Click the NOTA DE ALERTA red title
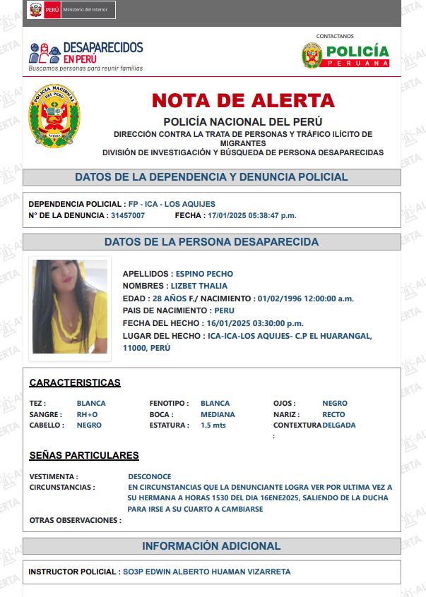(x=243, y=100)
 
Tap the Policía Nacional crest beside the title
(x=54, y=116)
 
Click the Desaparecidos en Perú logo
(x=86, y=56)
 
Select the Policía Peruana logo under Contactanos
(x=345, y=55)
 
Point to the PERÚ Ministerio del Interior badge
(x=71, y=11)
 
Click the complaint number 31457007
(x=128, y=215)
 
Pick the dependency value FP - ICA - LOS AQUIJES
(x=172, y=204)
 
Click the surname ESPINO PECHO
(x=204, y=274)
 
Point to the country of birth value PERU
(x=224, y=310)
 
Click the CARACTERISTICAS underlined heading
(x=75, y=382)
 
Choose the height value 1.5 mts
(x=214, y=426)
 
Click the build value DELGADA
(x=339, y=426)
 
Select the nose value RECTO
(x=333, y=414)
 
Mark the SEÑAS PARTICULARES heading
(x=84, y=455)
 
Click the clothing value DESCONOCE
(x=150, y=476)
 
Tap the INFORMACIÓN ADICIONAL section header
(x=211, y=546)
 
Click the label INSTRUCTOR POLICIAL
(x=71, y=572)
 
